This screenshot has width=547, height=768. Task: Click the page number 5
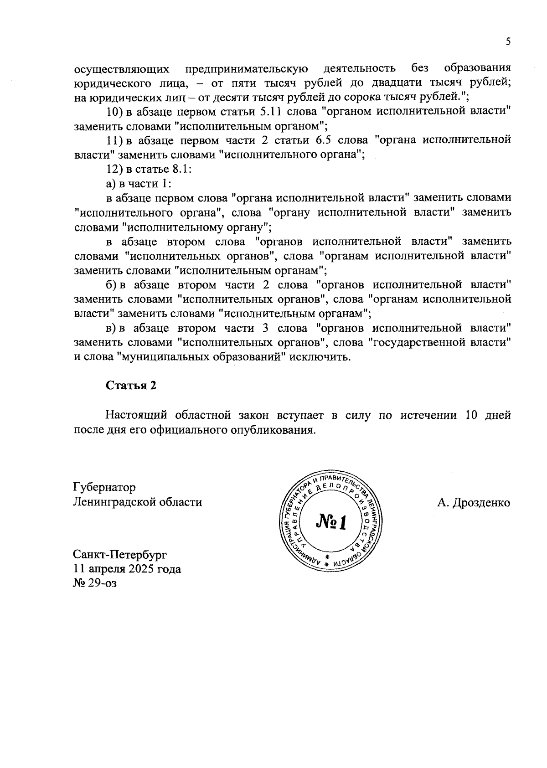(508, 42)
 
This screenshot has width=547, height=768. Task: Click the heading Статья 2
(131, 385)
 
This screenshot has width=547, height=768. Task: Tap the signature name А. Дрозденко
(473, 502)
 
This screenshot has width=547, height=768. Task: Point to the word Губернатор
(104, 487)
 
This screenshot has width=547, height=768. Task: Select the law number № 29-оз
(95, 583)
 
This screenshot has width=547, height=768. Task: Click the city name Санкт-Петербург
(120, 555)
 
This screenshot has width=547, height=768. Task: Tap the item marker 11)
(113, 140)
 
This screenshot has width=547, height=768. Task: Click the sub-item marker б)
(112, 285)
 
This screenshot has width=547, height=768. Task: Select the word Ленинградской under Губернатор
(114, 502)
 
